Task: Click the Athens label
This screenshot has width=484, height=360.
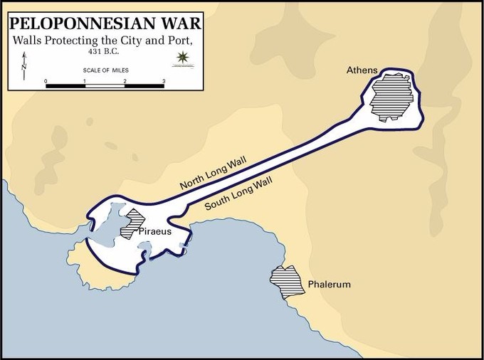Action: pyautogui.click(x=362, y=70)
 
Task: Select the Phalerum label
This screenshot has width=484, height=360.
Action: pyautogui.click(x=330, y=285)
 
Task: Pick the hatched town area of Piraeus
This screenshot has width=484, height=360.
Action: pyautogui.click(x=133, y=223)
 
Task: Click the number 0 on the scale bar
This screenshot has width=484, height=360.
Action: pyautogui.click(x=46, y=81)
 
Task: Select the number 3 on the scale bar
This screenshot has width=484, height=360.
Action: pyautogui.click(x=164, y=81)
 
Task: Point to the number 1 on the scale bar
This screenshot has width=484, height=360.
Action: pyautogui.click(x=85, y=81)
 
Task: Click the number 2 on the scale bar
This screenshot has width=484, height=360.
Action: pyautogui.click(x=125, y=81)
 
